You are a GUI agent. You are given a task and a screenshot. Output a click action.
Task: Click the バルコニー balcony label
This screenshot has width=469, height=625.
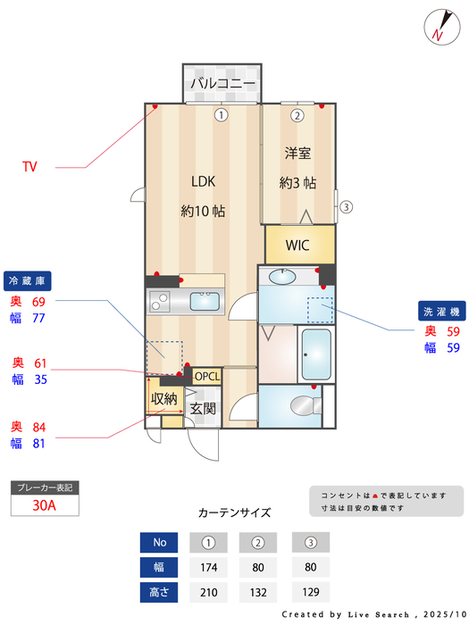(222, 84)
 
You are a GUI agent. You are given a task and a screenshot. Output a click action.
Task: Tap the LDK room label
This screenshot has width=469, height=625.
(203, 181)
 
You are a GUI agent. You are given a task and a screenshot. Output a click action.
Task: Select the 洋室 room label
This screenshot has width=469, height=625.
(297, 154)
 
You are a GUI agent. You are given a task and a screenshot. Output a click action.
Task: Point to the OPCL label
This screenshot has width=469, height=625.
(206, 376)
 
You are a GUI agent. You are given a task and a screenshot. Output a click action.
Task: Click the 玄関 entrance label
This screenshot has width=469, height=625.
(203, 409)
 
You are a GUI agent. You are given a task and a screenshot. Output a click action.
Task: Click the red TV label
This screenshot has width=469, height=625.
(29, 167)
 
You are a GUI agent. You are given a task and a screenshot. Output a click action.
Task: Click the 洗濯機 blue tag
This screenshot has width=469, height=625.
(440, 312)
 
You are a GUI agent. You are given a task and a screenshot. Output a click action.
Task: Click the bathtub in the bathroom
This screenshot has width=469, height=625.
(315, 354)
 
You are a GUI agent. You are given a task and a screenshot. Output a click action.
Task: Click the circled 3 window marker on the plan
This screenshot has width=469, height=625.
(347, 208)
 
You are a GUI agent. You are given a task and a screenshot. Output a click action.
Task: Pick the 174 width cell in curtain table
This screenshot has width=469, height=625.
(210, 567)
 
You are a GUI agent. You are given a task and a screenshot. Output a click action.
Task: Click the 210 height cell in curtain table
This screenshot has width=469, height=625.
(210, 592)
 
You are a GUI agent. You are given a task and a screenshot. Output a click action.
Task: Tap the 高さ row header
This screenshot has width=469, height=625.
(160, 592)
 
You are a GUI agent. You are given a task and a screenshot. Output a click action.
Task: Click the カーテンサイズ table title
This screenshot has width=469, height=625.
(234, 513)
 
